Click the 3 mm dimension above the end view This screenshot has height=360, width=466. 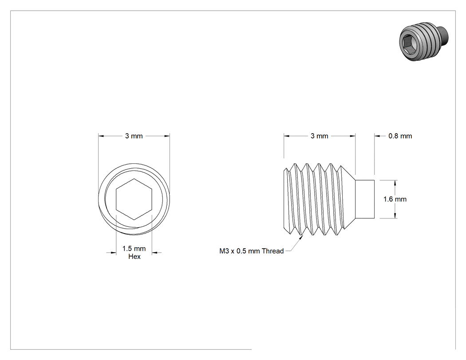(134, 136)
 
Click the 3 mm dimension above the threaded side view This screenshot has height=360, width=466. (319, 136)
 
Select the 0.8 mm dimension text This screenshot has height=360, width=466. (400, 136)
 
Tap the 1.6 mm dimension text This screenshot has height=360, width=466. (395, 199)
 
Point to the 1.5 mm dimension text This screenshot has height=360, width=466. (134, 249)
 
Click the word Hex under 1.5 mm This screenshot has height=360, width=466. (134, 257)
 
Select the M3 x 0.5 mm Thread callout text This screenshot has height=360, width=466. (252, 251)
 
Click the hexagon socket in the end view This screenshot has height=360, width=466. (134, 199)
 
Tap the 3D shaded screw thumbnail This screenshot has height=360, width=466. (423, 41)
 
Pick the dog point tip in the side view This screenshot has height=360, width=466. (365, 199)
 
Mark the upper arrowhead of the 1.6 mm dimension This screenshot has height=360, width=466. (395, 183)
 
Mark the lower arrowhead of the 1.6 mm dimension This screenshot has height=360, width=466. (395, 216)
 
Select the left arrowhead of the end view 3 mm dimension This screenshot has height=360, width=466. (101, 136)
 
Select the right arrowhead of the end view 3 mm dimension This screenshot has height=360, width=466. (167, 136)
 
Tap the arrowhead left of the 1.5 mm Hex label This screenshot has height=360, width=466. (113, 253)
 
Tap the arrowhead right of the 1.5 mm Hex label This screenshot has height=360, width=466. (155, 253)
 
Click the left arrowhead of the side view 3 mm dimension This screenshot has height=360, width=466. (287, 136)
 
